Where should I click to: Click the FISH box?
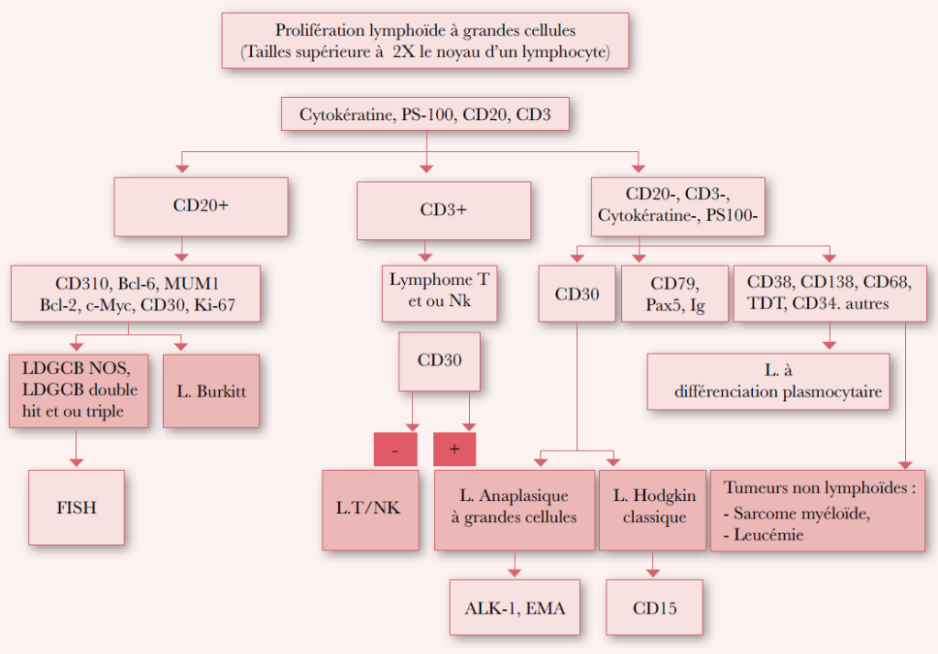(x=76, y=507)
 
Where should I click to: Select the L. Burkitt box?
(x=212, y=390)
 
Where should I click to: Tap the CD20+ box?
(x=201, y=206)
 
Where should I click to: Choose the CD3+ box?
(x=443, y=210)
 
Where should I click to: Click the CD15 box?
(x=654, y=607)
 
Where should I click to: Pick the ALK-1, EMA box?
(x=514, y=607)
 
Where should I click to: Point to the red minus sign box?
(x=395, y=449)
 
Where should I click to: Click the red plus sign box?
(x=453, y=449)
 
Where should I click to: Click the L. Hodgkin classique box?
(x=653, y=507)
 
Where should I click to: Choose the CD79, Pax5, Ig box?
(x=674, y=294)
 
